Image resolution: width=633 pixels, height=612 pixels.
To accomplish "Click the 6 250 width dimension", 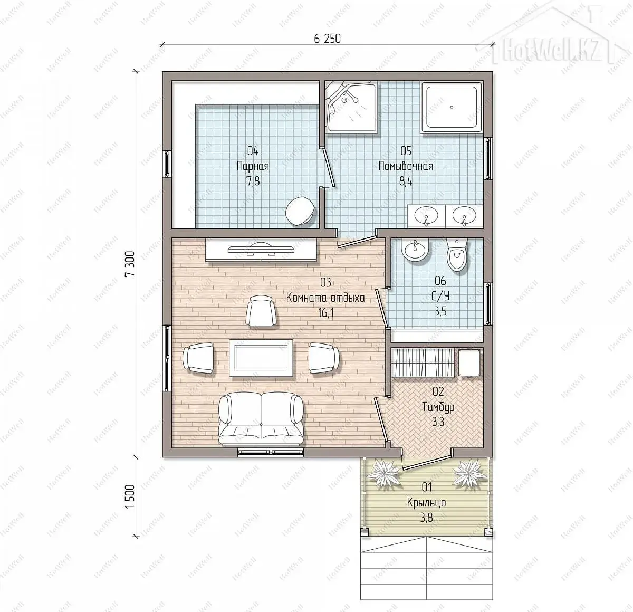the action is click(327, 39).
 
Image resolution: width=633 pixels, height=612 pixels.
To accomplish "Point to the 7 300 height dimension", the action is click(130, 264).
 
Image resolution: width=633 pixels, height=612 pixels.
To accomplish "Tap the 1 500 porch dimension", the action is click(130, 497).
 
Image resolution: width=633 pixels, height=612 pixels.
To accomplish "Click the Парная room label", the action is click(253, 166).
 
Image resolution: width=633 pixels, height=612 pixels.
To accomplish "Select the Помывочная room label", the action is click(406, 166).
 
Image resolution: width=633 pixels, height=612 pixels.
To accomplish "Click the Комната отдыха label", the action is click(325, 298).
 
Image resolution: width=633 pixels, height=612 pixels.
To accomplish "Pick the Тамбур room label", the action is click(438, 407).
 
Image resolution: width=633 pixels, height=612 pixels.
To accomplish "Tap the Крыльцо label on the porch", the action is click(426, 503).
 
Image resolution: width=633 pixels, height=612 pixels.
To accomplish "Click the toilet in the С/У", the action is click(457, 254).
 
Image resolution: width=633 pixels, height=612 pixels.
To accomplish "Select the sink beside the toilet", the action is click(415, 251).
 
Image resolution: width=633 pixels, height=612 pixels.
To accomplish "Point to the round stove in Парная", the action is click(300, 211).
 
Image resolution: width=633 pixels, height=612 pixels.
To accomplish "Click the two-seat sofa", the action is click(261, 418).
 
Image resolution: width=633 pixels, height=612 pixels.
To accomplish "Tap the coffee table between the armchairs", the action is click(261, 358).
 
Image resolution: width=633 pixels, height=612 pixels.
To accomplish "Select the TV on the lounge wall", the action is click(261, 249).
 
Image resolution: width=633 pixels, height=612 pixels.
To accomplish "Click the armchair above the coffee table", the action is click(261, 310).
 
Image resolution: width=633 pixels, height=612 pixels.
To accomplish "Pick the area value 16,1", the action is click(326, 313).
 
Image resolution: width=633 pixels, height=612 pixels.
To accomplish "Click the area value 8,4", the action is click(406, 181).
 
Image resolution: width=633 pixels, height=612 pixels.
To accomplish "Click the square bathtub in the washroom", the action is click(452, 108).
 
